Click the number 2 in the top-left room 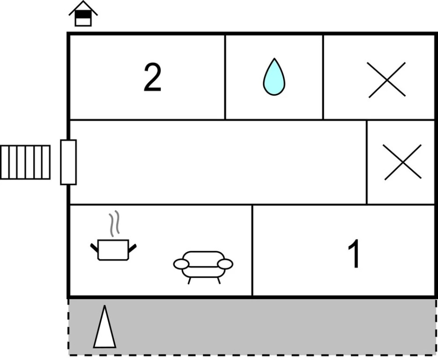tap(153, 77)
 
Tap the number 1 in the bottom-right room tap(354, 254)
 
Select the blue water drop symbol tap(274, 77)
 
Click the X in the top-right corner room tap(387, 80)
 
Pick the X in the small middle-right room tap(403, 162)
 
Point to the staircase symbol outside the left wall tap(25, 162)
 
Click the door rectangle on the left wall tap(68, 162)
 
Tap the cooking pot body tap(113, 250)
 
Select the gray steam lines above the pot tap(114, 224)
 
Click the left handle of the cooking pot tap(94, 247)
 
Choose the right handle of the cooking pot tap(133, 248)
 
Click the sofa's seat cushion tap(203, 272)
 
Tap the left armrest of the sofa tap(181, 264)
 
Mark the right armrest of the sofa tap(225, 264)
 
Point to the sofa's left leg tap(189, 281)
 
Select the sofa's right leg tap(219, 281)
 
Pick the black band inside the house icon tap(83, 14)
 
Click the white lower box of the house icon tap(83, 22)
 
